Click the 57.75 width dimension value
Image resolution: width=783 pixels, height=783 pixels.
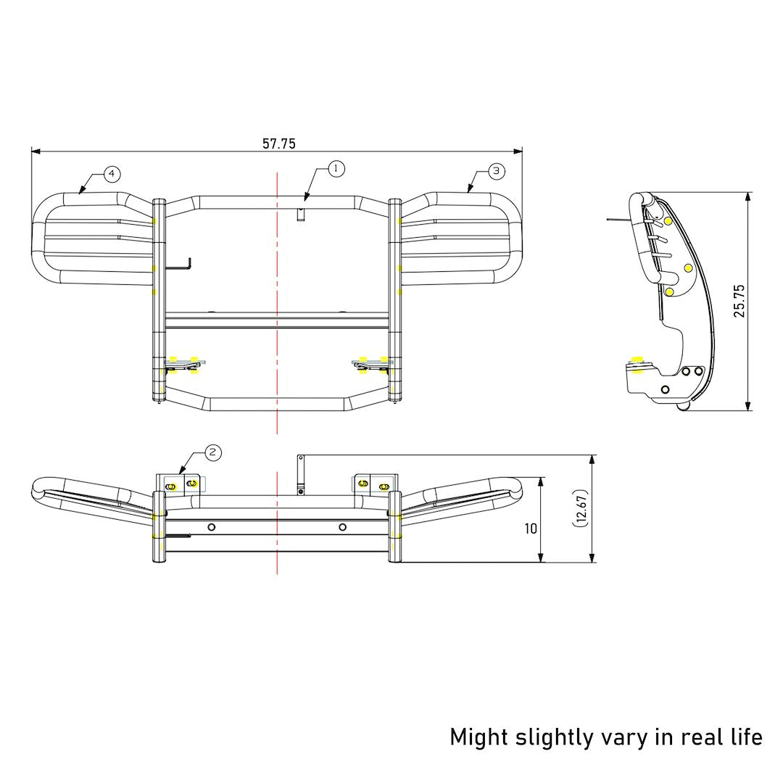click(279, 144)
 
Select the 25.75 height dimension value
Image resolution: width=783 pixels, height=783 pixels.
click(739, 300)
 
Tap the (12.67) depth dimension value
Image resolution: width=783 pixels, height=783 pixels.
click(581, 508)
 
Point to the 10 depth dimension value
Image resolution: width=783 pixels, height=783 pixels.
click(531, 529)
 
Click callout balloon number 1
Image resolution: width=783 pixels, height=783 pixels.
click(335, 168)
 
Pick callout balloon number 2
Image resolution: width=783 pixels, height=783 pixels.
click(212, 452)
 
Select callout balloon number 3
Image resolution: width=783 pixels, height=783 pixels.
click(496, 171)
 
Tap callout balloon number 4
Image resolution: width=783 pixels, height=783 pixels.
click(111, 174)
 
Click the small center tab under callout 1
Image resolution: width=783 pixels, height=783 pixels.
click(299, 215)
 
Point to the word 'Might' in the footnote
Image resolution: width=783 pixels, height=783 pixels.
click(478, 737)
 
